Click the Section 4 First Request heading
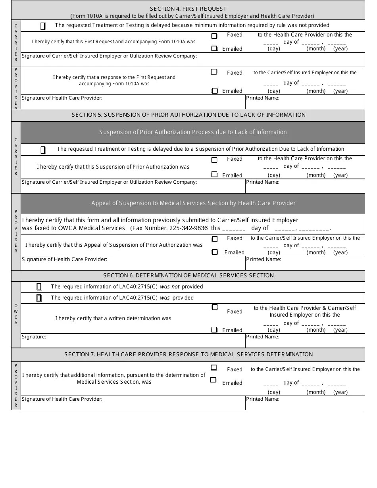pos(188,9)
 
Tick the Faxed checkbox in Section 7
pos(214,368)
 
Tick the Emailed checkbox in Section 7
pos(214,380)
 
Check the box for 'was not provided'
pos(39,286)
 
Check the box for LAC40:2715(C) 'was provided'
pos(39,298)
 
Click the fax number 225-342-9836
pos(188,228)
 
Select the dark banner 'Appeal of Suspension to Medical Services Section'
pos(193,203)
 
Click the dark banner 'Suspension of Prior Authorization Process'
pos(193,132)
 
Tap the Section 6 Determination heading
pos(188,275)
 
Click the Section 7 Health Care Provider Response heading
pos(188,354)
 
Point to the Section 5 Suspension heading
pos(188,115)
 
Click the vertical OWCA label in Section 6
pos(16,314)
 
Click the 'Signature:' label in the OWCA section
pos(34,337)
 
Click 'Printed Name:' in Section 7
pos(263,399)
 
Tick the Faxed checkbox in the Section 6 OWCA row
pos(215,307)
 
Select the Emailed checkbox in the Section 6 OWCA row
pos(214,330)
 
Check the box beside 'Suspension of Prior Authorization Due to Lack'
pos(43,150)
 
